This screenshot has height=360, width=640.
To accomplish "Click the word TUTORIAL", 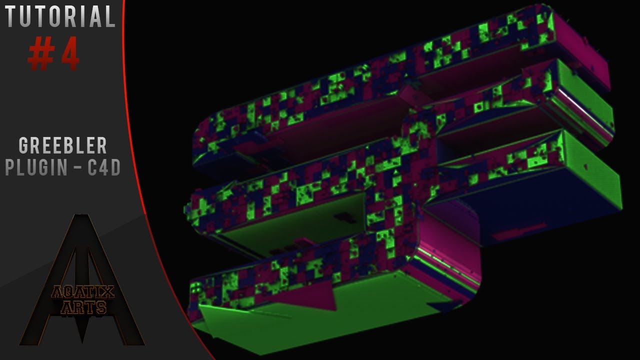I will (x=60, y=16).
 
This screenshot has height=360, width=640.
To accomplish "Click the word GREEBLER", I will (x=63, y=145).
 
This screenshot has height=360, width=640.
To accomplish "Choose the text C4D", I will (x=104, y=168).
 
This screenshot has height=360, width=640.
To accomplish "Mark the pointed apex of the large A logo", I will (x=82, y=216).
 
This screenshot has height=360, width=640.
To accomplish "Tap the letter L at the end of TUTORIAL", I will (x=110, y=16).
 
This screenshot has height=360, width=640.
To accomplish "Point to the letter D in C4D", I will (x=115, y=168).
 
